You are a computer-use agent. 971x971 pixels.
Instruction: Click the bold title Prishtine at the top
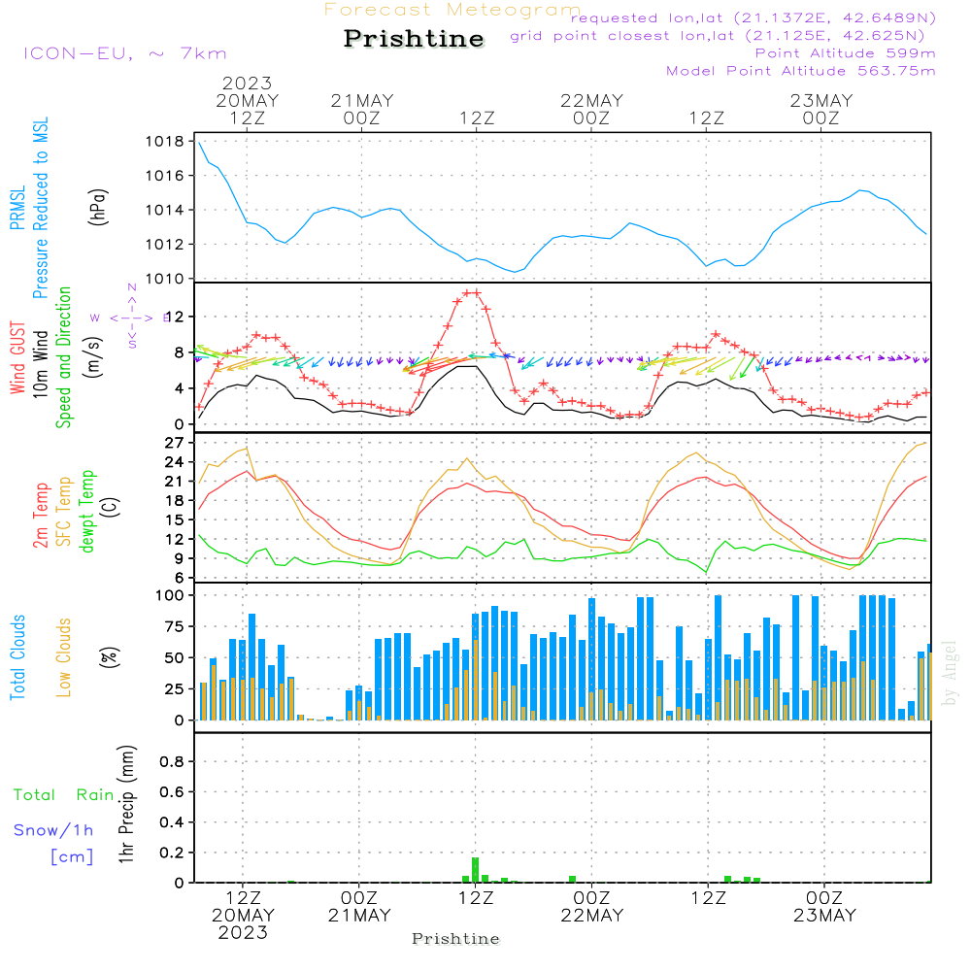click(414, 39)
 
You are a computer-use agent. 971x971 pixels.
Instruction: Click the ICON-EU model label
click(124, 53)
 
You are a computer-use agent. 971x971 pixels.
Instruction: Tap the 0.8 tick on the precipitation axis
click(173, 761)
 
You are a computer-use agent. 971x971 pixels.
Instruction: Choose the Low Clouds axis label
click(64, 655)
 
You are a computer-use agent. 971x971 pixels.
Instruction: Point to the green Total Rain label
click(63, 795)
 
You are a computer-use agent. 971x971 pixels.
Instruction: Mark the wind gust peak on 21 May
click(472, 292)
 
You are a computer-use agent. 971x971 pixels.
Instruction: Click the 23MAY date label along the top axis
click(821, 101)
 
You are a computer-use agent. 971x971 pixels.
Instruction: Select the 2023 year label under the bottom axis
click(243, 933)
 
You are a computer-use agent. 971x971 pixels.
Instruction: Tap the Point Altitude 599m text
click(845, 52)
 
